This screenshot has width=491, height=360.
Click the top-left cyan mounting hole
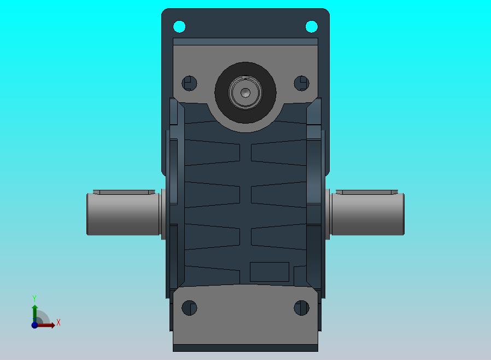[x=179, y=26]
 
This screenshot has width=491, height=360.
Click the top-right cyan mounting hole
[x=311, y=26]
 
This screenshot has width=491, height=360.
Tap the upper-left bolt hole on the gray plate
[x=189, y=83]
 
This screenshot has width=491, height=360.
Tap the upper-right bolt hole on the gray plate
[x=302, y=83]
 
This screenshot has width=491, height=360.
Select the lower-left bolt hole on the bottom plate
[x=189, y=307]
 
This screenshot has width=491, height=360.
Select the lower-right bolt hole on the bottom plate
[x=302, y=307]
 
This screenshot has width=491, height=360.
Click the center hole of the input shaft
[x=245, y=92]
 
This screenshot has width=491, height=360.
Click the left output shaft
[x=123, y=214]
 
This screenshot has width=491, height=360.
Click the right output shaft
[x=367, y=214]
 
